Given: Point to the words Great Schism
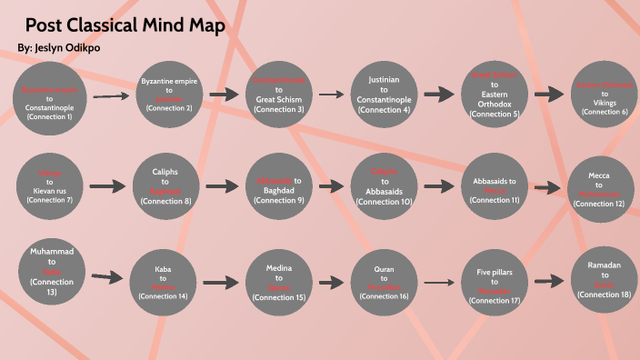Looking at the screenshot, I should [279, 99].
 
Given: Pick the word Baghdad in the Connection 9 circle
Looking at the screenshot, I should [279, 190].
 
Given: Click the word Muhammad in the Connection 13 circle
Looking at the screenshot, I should [51, 249].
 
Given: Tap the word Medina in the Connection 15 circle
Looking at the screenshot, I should [279, 270].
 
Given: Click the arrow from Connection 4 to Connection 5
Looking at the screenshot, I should [439, 94].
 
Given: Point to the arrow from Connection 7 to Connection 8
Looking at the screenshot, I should [107, 185].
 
